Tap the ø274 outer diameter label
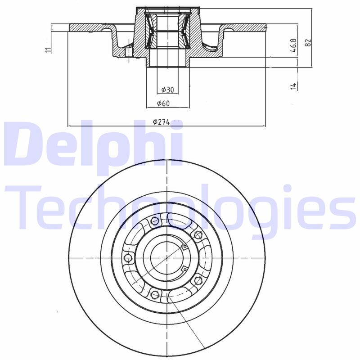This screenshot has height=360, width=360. [x=161, y=122]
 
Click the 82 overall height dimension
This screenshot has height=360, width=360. [x=308, y=43]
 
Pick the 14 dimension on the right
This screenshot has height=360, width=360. [x=293, y=85]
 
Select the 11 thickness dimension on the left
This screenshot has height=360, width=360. [x=48, y=49]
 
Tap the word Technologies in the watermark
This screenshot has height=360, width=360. [x=180, y=207]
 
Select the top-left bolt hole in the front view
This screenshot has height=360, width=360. [x=155, y=221]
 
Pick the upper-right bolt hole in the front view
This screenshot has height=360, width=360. [x=197, y=234]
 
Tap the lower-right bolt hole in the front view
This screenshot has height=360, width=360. [x=197, y=281]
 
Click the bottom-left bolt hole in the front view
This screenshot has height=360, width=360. [x=155, y=295]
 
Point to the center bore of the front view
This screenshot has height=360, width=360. [x=167, y=258]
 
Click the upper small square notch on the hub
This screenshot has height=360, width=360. [x=184, y=246]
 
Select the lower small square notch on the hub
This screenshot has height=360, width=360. [x=184, y=269]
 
